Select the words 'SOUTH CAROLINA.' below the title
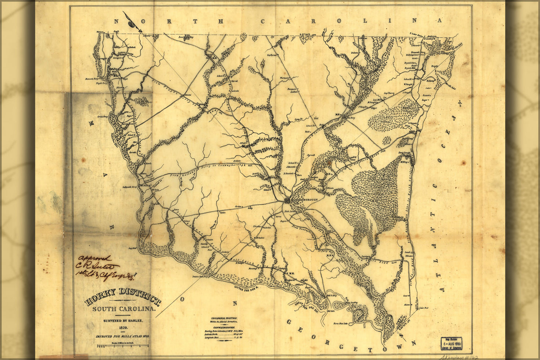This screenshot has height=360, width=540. point(124,309)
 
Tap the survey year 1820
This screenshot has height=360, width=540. point(123,328)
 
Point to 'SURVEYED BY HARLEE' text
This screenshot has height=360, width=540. point(123,320)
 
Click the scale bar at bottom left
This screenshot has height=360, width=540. point(122,346)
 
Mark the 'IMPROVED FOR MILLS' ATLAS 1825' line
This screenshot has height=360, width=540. point(122,336)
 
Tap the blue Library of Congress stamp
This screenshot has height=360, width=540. point(452,343)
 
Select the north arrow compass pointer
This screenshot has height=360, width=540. point(130,21)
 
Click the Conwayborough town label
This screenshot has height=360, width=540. point(305,199)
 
